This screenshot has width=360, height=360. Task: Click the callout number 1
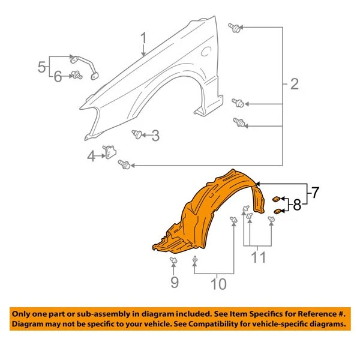pyautogui.click(x=143, y=40)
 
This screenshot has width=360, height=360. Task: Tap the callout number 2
pyautogui.click(x=294, y=84)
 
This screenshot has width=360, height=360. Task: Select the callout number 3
pyautogui.click(x=155, y=136)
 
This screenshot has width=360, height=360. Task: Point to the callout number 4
pyautogui.click(x=91, y=157)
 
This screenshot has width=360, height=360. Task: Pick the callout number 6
pyautogui.click(x=58, y=76)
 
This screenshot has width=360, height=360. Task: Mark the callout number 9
pyautogui.click(x=175, y=281)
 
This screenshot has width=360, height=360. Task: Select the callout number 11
pyautogui.click(x=258, y=259)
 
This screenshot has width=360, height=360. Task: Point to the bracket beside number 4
pyautogui.click(x=110, y=152)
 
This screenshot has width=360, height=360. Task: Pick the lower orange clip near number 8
pyautogui.click(x=278, y=211)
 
